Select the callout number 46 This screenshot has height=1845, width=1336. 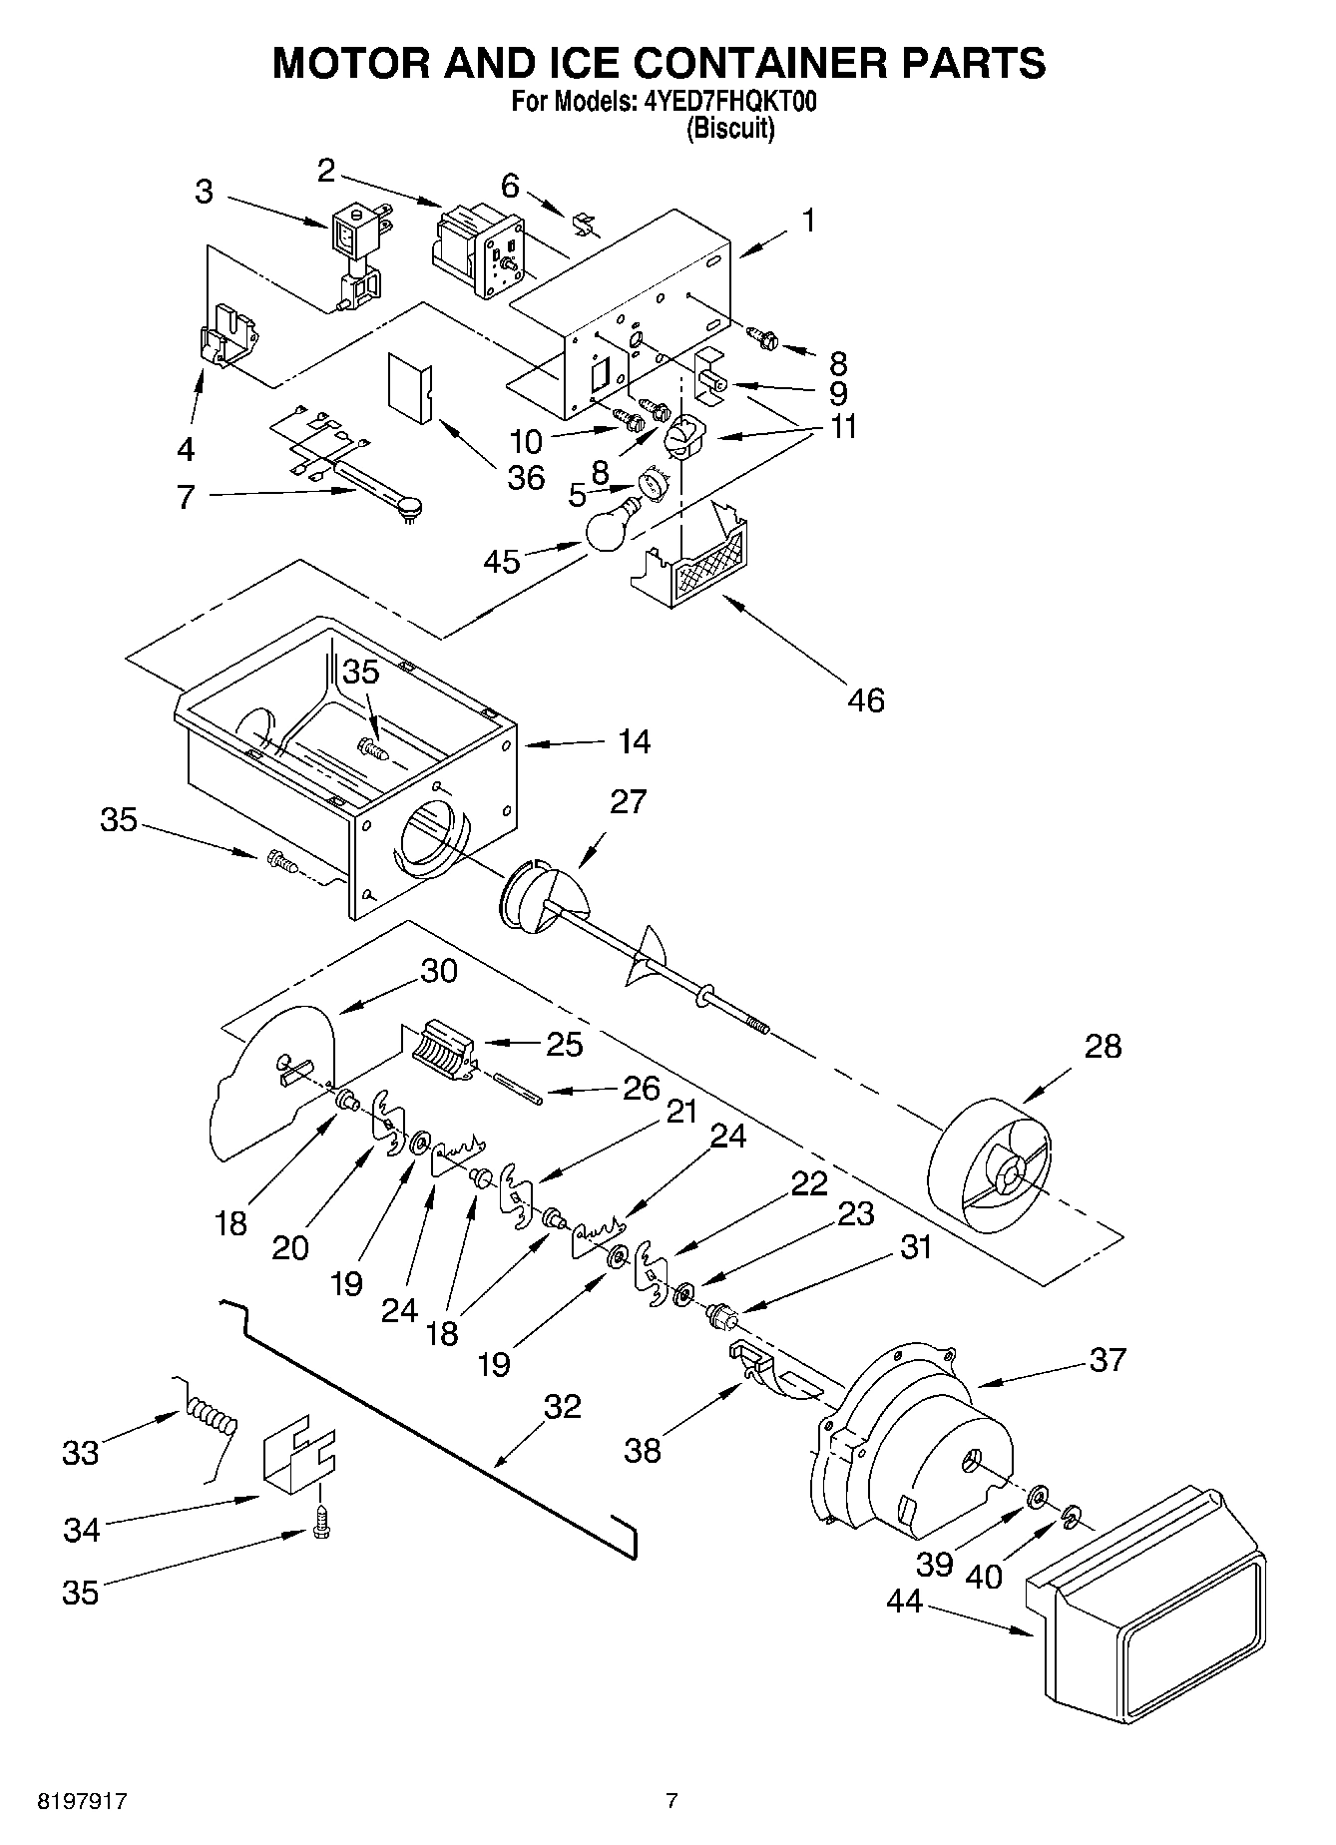pos(866,700)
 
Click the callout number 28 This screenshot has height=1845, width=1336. pos(1102,1046)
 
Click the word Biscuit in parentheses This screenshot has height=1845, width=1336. pos(730,129)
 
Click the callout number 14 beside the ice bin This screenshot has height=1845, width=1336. pos(634,741)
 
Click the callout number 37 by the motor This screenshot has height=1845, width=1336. pos(1107,1359)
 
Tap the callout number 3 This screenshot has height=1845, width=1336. pos(204,192)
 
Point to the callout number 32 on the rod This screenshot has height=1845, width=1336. pos(562,1406)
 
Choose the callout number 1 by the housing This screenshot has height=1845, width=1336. pos(808,221)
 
